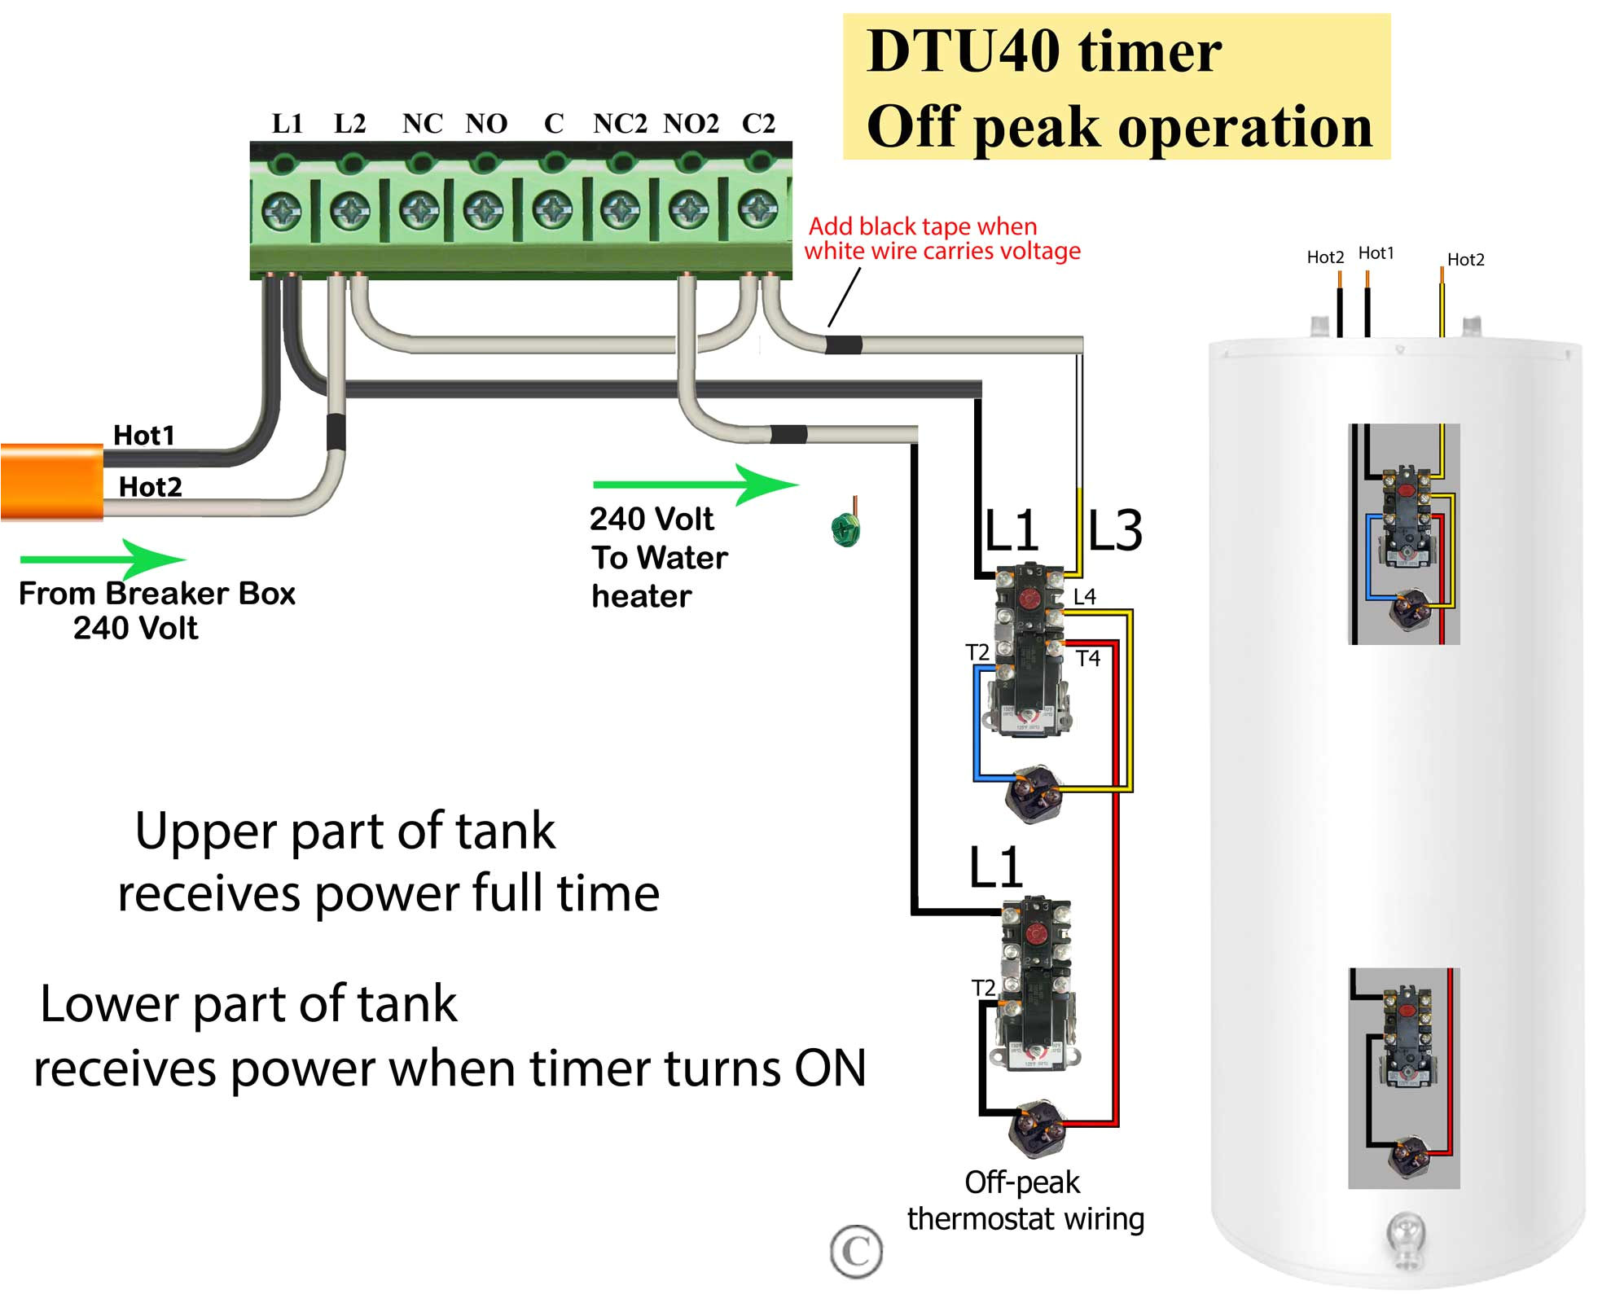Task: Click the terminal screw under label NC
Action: [420, 211]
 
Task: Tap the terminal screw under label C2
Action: [757, 210]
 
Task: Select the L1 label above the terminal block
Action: [288, 124]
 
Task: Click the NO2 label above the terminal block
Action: [691, 124]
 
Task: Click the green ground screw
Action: [845, 529]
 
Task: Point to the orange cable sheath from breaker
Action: [51, 481]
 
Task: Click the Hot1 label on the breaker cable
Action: [144, 436]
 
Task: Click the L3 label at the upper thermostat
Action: [1115, 531]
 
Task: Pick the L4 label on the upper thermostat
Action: [1084, 597]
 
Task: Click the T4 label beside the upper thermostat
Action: [1088, 658]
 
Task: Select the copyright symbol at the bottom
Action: [856, 1251]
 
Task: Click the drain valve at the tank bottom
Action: [1406, 1238]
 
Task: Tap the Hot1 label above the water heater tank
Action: [1376, 253]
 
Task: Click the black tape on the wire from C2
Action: [844, 344]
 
